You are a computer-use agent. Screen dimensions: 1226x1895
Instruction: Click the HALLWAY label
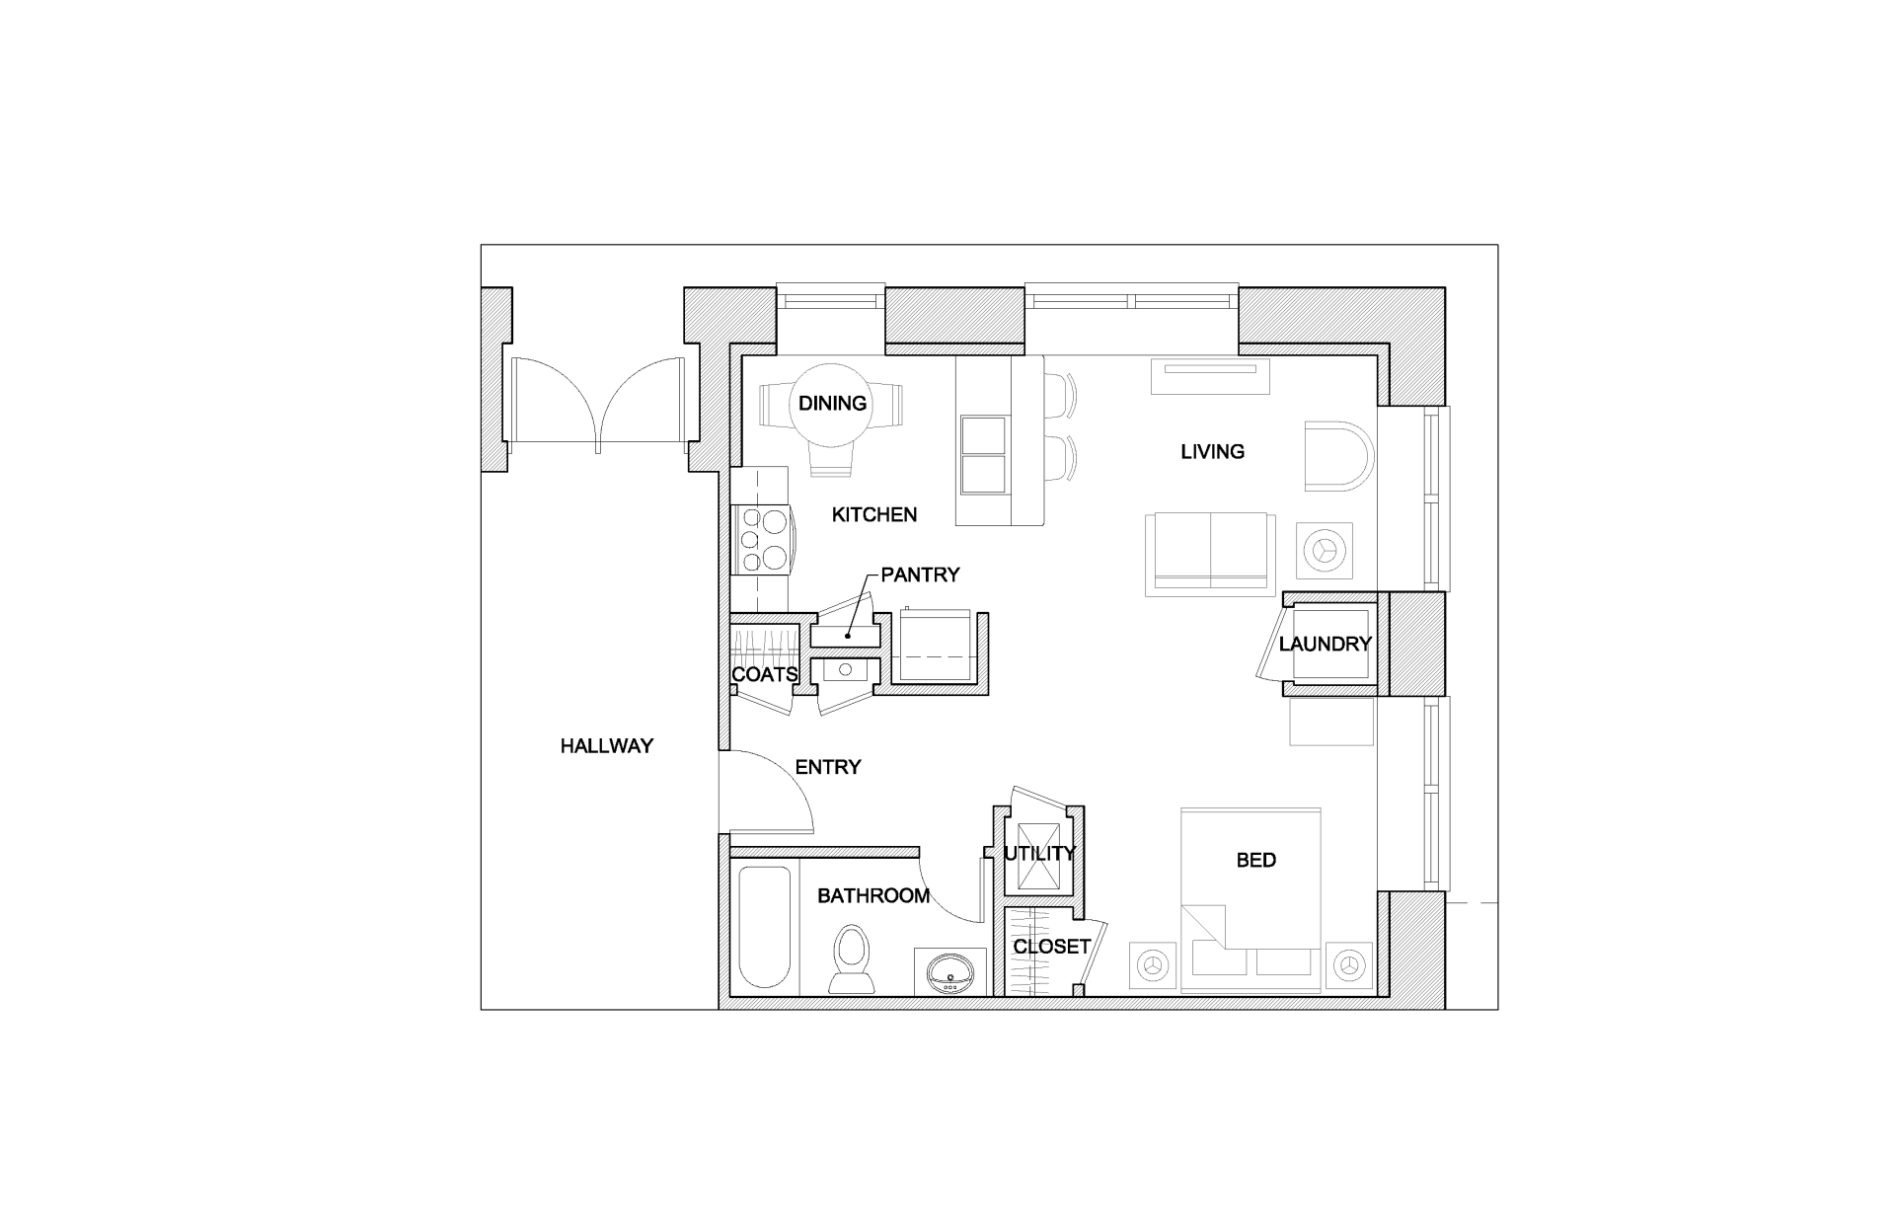pyautogui.click(x=606, y=746)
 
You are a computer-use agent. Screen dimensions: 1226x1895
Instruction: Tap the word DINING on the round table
pyautogui.click(x=832, y=403)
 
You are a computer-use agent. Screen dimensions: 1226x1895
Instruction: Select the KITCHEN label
pyautogui.click(x=873, y=514)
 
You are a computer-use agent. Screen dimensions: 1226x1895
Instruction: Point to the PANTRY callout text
pyautogui.click(x=920, y=575)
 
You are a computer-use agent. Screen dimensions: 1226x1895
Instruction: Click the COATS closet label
pyautogui.click(x=764, y=675)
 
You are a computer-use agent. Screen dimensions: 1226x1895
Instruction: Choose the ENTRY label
pyautogui.click(x=827, y=767)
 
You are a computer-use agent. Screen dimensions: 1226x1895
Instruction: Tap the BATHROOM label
pyautogui.click(x=872, y=895)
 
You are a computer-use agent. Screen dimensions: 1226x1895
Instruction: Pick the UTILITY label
pyautogui.click(x=1039, y=853)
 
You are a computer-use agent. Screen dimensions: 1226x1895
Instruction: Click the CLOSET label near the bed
pyautogui.click(x=1051, y=946)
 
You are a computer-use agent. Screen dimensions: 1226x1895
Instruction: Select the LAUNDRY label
pyautogui.click(x=1325, y=644)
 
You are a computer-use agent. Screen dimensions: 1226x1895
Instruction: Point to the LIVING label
pyautogui.click(x=1212, y=451)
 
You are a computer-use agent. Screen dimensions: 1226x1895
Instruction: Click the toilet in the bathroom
pyautogui.click(x=851, y=958)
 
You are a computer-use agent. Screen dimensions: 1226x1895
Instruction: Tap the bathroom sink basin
pyautogui.click(x=951, y=972)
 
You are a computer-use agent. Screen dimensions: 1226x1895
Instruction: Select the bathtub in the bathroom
pyautogui.click(x=765, y=927)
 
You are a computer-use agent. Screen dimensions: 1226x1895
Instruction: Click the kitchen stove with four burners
pyautogui.click(x=761, y=539)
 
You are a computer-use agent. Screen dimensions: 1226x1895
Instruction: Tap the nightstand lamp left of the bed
pyautogui.click(x=1152, y=963)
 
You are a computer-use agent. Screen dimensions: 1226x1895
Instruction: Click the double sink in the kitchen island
pyautogui.click(x=984, y=455)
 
